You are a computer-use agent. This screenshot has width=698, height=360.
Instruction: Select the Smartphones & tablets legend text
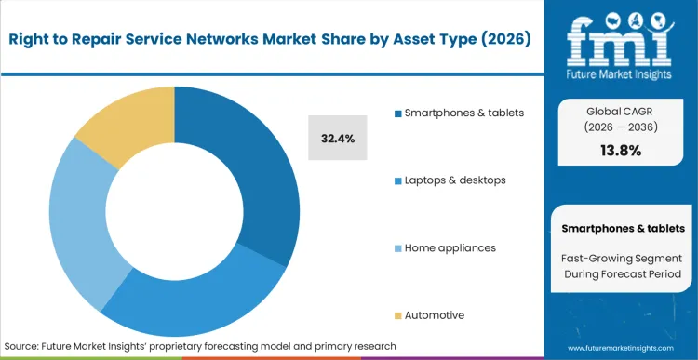(x=464, y=113)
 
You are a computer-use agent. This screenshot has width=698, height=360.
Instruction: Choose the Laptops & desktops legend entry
(x=454, y=180)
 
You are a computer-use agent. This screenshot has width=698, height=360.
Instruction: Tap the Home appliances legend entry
(x=450, y=247)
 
